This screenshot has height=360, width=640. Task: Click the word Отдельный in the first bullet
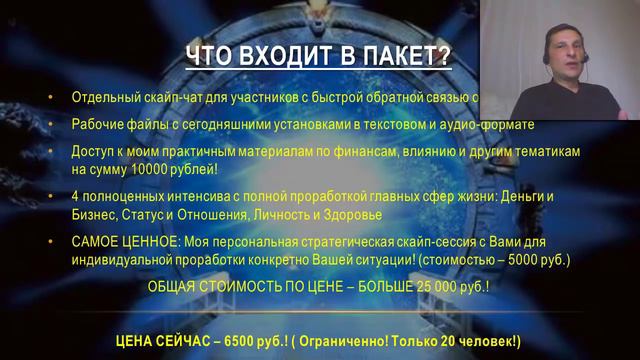click(x=103, y=98)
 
